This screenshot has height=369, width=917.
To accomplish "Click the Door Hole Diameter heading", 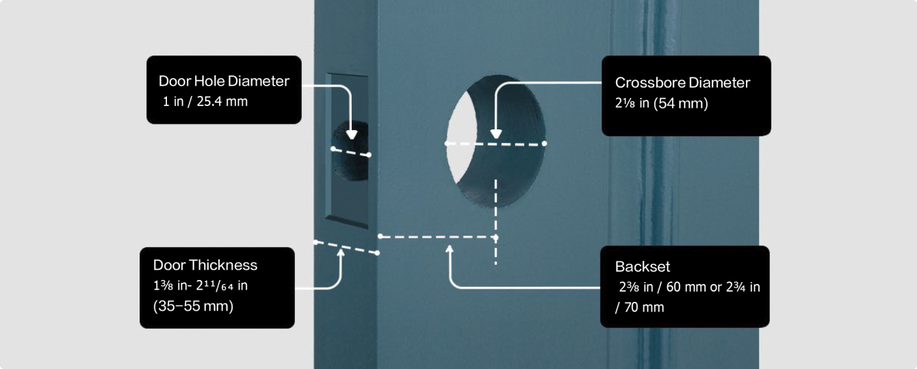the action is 224,81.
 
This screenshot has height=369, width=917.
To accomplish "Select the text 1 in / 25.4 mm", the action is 205,101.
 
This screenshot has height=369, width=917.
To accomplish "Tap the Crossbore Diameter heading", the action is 682,83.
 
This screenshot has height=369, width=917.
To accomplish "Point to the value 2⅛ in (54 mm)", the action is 662,103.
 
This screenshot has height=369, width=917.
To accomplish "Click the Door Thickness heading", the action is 205,265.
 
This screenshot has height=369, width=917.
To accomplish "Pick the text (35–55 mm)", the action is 193,306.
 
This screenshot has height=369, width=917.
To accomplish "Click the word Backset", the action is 643,266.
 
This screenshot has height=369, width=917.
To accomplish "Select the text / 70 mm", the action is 639,307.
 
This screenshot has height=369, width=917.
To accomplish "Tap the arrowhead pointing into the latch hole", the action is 352,134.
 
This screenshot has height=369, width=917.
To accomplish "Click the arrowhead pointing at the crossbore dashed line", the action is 495,133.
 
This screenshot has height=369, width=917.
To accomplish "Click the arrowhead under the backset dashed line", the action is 450,249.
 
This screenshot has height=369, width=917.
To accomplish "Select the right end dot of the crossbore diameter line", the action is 544,143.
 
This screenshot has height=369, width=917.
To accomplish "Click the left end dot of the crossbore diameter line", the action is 447,143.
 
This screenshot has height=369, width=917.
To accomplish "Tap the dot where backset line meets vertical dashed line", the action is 495,237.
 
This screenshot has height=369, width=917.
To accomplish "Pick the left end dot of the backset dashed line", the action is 380,236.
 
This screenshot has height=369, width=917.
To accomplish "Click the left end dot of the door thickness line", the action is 315,242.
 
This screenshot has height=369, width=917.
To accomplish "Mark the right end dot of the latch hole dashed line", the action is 369,155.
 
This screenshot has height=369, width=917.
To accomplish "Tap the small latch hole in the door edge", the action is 350,151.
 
